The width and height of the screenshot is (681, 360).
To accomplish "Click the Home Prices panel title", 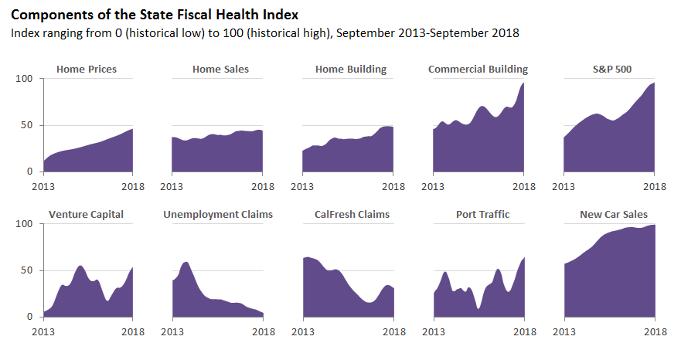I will click(87, 70).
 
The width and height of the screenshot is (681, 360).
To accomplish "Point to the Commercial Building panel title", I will click(478, 70).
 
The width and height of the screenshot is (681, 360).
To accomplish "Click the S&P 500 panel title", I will click(610, 70).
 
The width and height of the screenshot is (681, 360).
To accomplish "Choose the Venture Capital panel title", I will click(86, 214).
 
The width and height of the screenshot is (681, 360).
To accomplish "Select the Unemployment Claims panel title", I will click(218, 214).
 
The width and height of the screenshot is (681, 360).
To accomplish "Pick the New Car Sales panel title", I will click(614, 214).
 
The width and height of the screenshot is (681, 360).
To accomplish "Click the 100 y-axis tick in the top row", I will click(24, 79).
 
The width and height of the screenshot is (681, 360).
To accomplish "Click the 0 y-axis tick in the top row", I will click(29, 172).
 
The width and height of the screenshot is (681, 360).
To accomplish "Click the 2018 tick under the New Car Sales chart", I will click(655, 331).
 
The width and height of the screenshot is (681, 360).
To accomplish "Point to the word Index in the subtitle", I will click(24, 34).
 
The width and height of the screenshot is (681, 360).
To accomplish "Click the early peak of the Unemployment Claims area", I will click(186, 263).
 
